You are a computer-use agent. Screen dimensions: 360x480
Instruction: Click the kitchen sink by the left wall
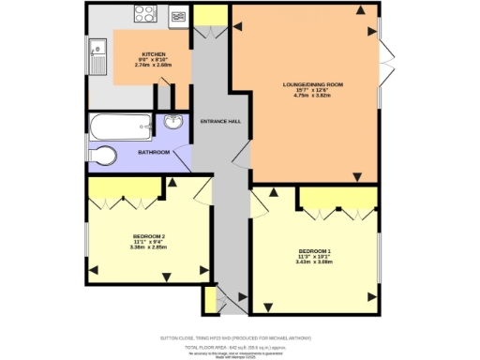click(97, 53)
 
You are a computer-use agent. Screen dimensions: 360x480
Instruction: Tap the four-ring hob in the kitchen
click(145, 14)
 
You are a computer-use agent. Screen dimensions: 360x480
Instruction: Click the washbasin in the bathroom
click(172, 124)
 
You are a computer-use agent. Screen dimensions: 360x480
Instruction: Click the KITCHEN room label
click(153, 54)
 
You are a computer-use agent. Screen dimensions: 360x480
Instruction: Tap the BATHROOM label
click(154, 152)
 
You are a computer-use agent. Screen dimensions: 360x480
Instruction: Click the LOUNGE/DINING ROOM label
click(313, 84)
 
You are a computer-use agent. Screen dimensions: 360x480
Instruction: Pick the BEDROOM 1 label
click(315, 251)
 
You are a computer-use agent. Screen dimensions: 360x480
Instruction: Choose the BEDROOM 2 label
click(150, 235)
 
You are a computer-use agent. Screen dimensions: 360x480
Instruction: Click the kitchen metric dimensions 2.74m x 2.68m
click(153, 66)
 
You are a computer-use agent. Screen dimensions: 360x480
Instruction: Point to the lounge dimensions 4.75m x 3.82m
click(313, 96)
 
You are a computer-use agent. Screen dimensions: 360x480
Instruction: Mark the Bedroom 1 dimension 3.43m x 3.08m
click(315, 262)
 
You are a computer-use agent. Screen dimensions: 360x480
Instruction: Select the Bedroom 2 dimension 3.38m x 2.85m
click(150, 247)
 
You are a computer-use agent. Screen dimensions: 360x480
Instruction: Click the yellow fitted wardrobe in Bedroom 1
click(338, 198)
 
